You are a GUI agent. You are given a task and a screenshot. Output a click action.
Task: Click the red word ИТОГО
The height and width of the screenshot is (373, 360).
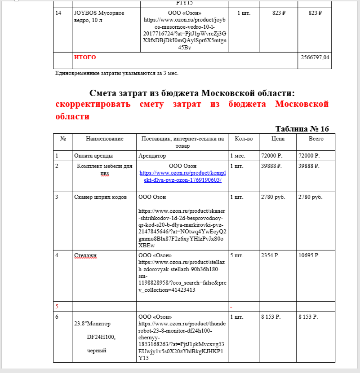click(85, 57)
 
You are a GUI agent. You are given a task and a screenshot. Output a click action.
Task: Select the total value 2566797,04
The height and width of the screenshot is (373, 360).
click(314, 57)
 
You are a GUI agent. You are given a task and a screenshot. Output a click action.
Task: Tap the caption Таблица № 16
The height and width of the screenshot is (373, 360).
click(302, 129)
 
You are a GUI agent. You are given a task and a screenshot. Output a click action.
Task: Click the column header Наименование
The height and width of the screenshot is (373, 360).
click(104, 139)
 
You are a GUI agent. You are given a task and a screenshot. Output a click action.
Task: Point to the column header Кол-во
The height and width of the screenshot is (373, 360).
click(244, 139)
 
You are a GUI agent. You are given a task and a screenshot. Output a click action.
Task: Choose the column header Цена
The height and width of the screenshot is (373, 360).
click(277, 139)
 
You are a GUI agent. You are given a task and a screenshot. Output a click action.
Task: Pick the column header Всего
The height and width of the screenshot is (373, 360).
click(316, 139)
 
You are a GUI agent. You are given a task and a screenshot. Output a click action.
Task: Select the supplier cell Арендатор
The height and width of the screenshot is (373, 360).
click(152, 156)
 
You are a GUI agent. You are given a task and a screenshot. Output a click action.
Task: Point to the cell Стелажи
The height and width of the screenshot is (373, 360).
click(85, 256)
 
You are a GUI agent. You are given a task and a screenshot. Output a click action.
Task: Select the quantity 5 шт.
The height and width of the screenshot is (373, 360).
click(236, 256)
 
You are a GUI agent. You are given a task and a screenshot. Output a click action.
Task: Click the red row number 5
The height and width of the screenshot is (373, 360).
click(57, 307)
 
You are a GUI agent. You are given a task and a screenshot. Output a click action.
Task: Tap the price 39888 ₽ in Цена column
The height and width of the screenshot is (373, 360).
click(271, 166)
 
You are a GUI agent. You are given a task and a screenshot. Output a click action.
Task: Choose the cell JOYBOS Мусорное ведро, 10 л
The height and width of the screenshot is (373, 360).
click(99, 17)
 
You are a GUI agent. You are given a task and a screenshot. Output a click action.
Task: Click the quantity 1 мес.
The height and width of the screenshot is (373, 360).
click(237, 156)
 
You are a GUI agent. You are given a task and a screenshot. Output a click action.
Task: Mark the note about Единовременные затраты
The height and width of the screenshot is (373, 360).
click(117, 73)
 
